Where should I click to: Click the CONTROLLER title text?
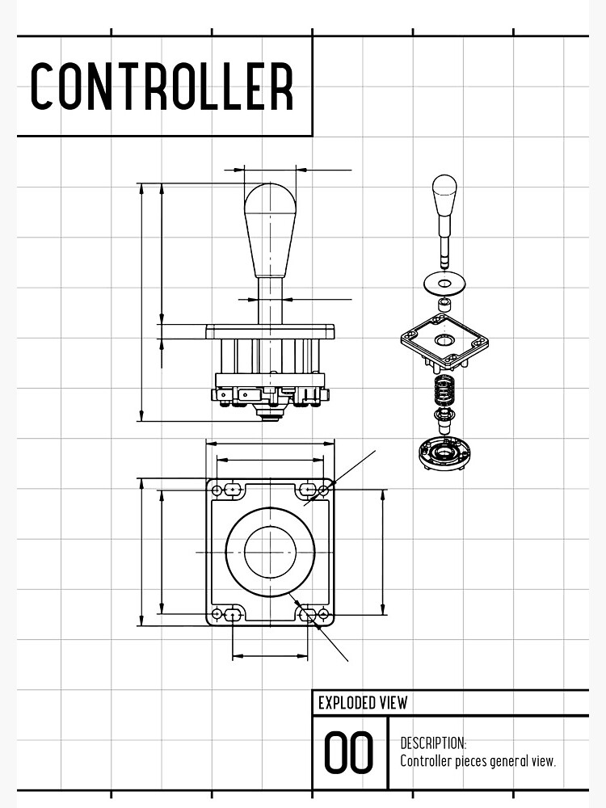click(x=162, y=86)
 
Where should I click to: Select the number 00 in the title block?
click(x=349, y=753)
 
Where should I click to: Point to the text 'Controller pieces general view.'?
click(x=478, y=761)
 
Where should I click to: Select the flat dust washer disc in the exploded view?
click(x=444, y=282)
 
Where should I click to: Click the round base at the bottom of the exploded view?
click(x=444, y=452)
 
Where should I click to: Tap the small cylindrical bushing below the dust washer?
click(x=444, y=303)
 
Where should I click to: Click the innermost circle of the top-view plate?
click(x=270, y=552)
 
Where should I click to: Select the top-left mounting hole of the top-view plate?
click(x=217, y=490)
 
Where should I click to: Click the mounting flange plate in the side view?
click(x=270, y=331)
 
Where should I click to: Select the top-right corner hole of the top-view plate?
click(x=324, y=490)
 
